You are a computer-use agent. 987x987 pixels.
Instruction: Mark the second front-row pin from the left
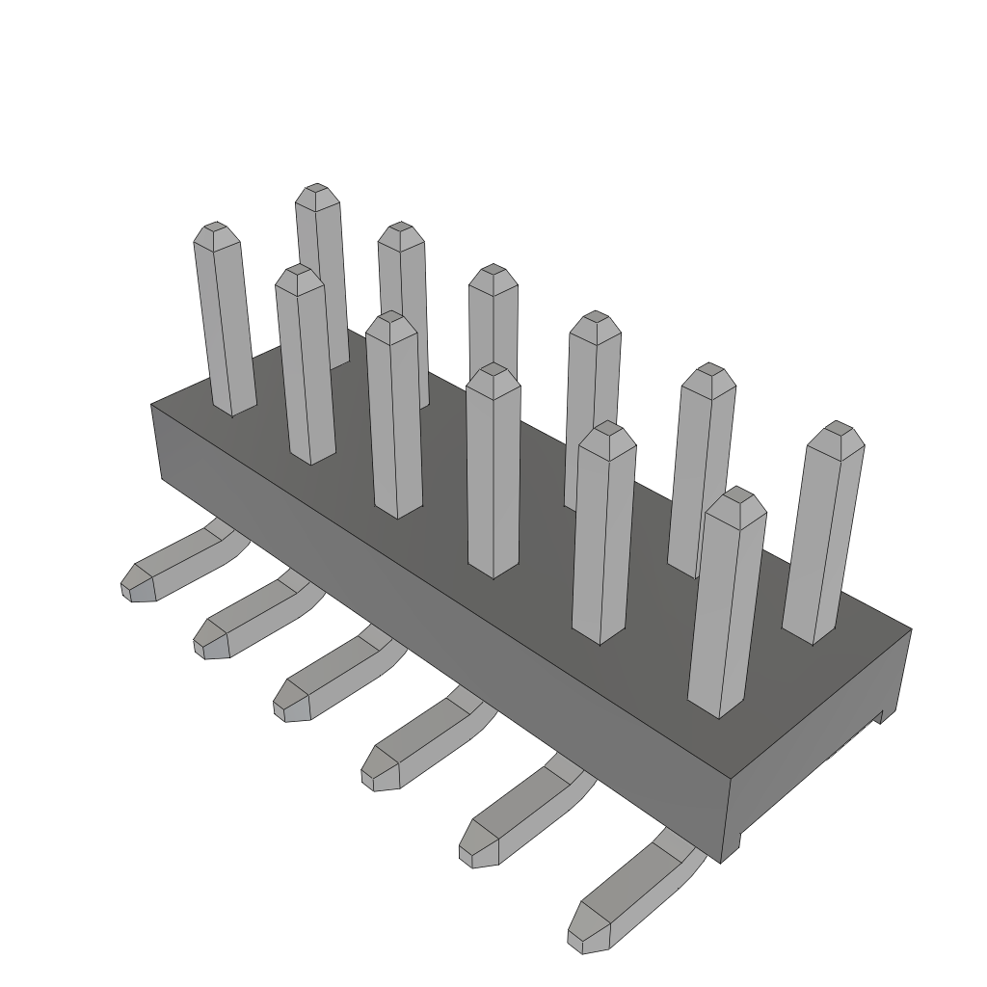tap(305, 366)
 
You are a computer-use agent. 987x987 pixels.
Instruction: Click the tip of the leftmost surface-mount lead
tap(133, 584)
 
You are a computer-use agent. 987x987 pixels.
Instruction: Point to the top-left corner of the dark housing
tap(152, 406)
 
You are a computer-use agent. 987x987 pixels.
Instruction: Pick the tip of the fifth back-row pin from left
tap(709, 370)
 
